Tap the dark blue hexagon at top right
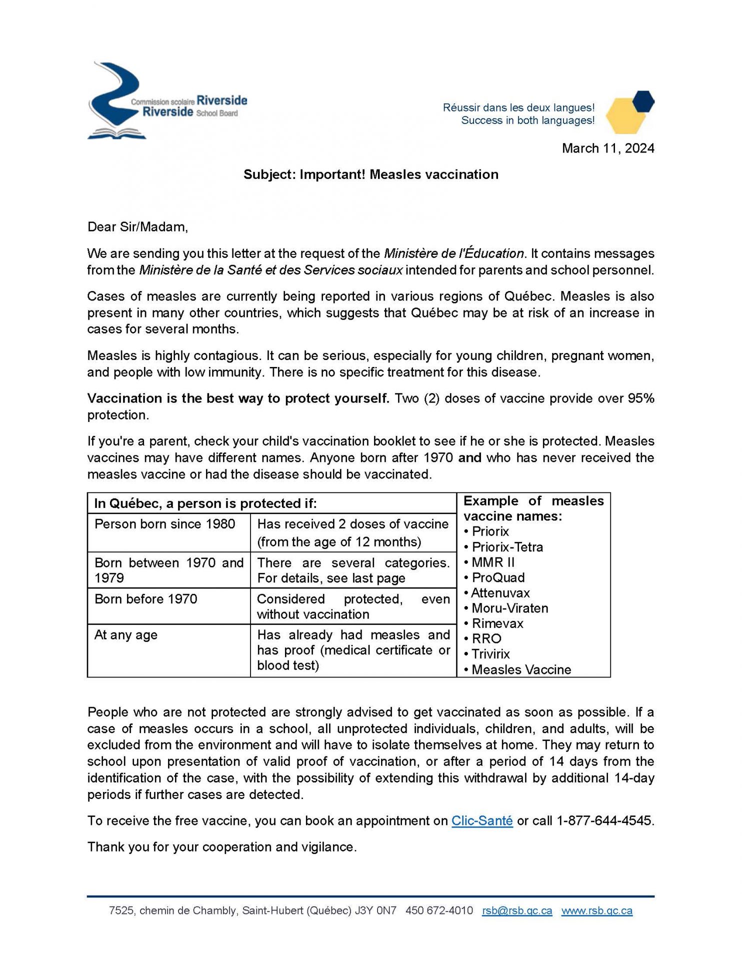[643, 101]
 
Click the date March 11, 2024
[607, 148]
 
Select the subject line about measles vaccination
[370, 174]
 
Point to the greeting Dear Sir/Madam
[137, 227]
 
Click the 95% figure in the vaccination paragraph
[641, 398]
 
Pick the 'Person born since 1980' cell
[164, 524]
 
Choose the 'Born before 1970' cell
[145, 599]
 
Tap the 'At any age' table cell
[125, 635]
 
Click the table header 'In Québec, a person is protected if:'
[205, 503]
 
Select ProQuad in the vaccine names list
[498, 578]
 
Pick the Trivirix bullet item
[490, 654]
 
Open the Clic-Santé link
[482, 821]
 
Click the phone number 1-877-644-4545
[604, 821]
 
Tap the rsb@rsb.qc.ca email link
[517, 911]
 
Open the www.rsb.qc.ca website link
[596, 911]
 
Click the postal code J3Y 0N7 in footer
[375, 911]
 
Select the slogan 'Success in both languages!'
[527, 120]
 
